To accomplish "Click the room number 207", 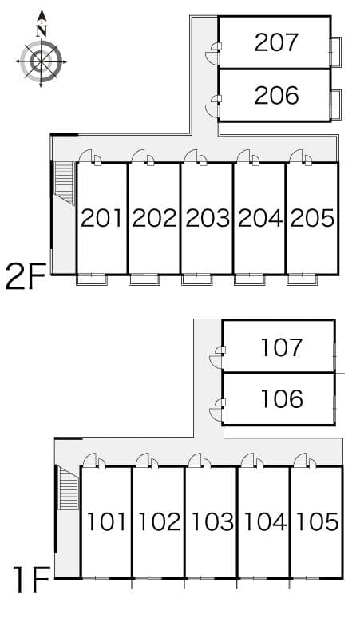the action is (x=276, y=42).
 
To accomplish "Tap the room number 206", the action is (x=276, y=95).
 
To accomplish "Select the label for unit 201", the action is (x=102, y=218).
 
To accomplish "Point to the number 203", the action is (x=208, y=218).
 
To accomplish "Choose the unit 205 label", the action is (x=312, y=218).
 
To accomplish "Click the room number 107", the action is (x=282, y=347).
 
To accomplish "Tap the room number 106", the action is (x=282, y=398).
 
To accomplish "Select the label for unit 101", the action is (x=106, y=521).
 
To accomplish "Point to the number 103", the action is (x=212, y=521).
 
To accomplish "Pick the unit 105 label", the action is (x=317, y=521).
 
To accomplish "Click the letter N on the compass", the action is (x=42, y=31).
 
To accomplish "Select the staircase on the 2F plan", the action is (x=64, y=184).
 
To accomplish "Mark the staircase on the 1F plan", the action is (x=68, y=488).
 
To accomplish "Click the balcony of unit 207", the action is (x=336, y=51).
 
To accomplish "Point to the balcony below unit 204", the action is (x=249, y=279).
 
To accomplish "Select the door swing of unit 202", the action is (x=139, y=156).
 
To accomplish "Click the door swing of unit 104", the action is (x=247, y=460).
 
